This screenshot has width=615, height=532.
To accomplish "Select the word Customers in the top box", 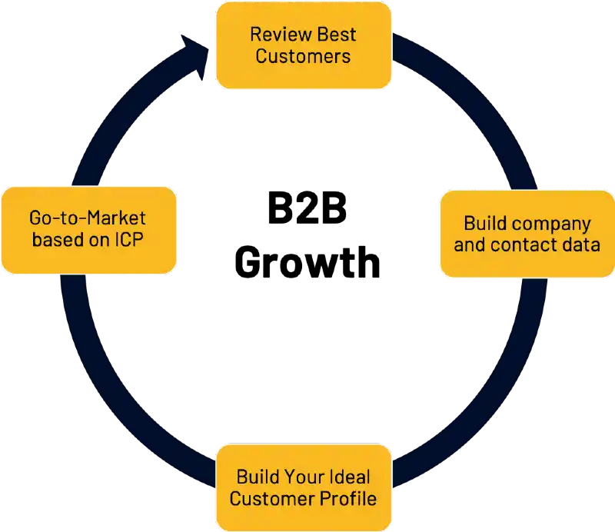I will [x=304, y=56].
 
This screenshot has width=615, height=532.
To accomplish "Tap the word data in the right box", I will [x=583, y=245].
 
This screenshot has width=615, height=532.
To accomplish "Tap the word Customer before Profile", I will [x=270, y=497].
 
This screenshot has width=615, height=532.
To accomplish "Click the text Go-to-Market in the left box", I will [x=88, y=218].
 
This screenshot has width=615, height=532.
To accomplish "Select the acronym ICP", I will [x=128, y=239].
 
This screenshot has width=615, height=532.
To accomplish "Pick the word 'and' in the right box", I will [x=470, y=245].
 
